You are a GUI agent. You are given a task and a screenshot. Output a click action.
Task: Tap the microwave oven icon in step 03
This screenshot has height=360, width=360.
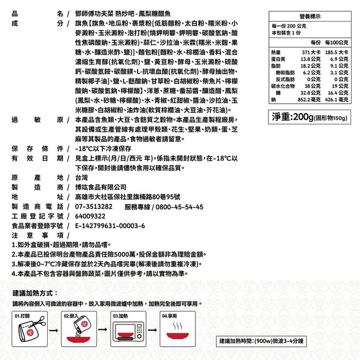click(129, 333)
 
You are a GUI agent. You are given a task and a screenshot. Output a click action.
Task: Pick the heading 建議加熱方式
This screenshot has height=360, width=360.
click(35, 293)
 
